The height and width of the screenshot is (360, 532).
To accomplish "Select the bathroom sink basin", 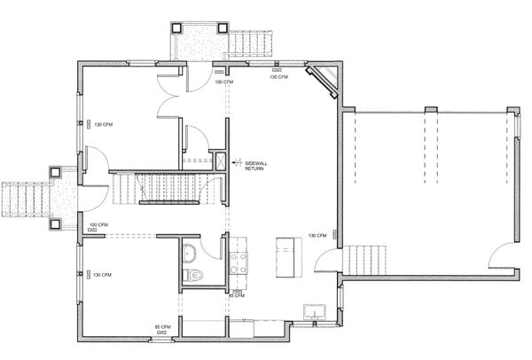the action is (190, 254).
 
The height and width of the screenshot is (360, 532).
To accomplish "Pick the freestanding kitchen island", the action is (289, 257).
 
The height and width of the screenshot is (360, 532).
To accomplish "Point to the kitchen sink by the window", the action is (315, 312).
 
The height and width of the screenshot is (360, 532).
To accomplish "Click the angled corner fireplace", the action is (322, 82).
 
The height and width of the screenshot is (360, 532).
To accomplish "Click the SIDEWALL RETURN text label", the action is (256, 166).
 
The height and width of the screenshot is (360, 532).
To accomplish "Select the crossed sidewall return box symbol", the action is (221, 161).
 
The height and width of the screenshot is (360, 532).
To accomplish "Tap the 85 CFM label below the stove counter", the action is (237, 296).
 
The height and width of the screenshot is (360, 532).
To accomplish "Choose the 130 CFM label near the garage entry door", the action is (317, 236).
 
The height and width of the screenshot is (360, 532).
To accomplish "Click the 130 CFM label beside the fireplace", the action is (279, 77).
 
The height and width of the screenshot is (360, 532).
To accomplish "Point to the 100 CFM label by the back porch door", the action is (224, 82).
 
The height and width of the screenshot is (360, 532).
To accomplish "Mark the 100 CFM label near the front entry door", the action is (98, 225).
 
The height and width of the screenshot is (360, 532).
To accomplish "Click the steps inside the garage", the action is (364, 260).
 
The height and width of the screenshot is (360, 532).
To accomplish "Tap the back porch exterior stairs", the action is (250, 43).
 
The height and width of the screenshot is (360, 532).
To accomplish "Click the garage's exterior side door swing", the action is (502, 255).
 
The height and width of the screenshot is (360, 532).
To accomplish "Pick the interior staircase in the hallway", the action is (156, 188).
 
